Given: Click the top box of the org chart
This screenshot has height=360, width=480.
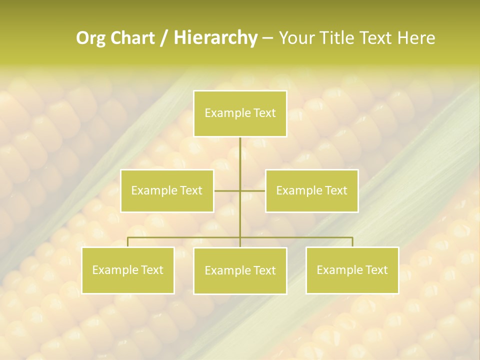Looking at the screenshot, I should pyautogui.click(x=240, y=114).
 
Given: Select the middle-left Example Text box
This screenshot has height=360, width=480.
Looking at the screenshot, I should pyautogui.click(x=167, y=191).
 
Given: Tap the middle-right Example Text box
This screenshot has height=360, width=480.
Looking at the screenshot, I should pyautogui.click(x=311, y=191).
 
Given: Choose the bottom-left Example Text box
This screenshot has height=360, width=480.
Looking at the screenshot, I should pyautogui.click(x=128, y=270).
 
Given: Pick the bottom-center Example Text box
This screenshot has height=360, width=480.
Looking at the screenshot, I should pyautogui.click(x=240, y=271).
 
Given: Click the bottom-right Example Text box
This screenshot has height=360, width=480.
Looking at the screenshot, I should pyautogui.click(x=352, y=270).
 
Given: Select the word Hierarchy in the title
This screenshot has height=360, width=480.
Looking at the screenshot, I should pyautogui.click(x=215, y=38).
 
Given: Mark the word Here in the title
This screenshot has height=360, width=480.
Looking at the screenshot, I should pyautogui.click(x=416, y=38).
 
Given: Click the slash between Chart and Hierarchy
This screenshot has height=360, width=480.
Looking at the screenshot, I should pyautogui.click(x=164, y=38).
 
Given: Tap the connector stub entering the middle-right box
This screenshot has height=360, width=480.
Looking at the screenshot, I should pyautogui.click(x=253, y=191).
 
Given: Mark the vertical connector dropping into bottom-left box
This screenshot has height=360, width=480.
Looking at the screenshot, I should pyautogui.click(x=128, y=242).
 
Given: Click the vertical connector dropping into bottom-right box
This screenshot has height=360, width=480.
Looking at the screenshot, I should pyautogui.click(x=352, y=242).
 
